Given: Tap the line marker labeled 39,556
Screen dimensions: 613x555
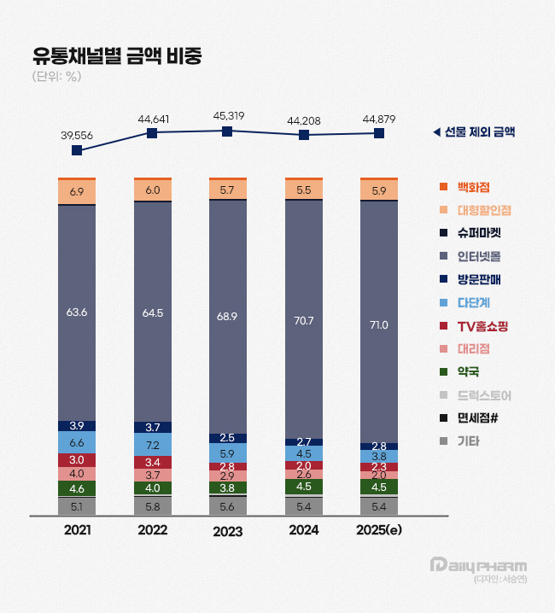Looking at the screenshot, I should tap(77, 150).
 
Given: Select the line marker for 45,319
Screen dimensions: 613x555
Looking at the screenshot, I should tap(227, 131).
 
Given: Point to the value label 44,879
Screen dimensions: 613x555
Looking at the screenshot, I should tap(379, 119).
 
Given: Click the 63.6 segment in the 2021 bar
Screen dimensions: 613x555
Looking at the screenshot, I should tap(77, 312).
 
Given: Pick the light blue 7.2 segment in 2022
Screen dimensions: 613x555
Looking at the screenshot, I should tap(152, 446).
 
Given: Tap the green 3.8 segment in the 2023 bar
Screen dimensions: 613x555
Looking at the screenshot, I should tap(227, 487).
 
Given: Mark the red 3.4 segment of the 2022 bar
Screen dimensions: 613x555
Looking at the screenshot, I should tap(152, 462).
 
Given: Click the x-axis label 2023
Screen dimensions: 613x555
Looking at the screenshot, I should tap(227, 531).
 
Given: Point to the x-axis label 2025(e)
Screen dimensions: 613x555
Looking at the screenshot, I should tap(379, 530).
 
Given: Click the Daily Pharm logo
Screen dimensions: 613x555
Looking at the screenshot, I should tap(478, 565).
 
